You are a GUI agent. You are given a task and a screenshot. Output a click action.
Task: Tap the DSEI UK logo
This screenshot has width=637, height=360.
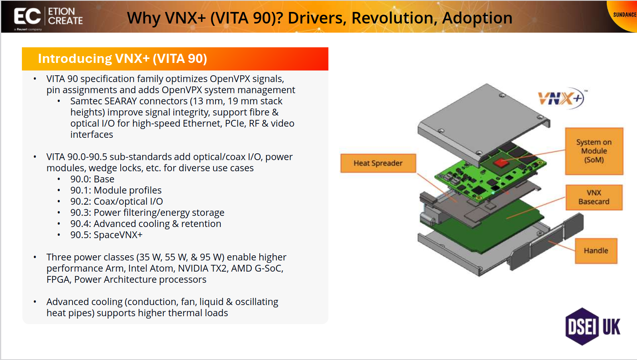[593, 327]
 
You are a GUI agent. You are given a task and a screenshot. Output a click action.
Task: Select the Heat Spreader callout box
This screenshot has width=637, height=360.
[378, 163]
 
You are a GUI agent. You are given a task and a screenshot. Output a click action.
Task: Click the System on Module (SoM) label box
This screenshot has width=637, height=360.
[594, 151]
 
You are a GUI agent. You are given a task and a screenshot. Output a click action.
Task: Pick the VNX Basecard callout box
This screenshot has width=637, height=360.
[594, 198]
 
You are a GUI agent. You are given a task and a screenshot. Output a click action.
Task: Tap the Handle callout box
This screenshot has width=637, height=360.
[596, 251]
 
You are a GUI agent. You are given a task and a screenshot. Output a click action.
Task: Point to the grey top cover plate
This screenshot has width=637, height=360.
[484, 122]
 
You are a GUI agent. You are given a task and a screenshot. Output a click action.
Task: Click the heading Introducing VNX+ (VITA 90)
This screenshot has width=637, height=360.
[123, 59]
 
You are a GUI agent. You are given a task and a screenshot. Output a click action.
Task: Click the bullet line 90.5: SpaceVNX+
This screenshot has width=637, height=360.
[106, 235]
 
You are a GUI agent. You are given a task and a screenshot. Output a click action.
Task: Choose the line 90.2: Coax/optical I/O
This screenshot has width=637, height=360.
[117, 202]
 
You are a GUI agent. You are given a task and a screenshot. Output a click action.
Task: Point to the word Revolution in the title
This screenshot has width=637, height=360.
[394, 18]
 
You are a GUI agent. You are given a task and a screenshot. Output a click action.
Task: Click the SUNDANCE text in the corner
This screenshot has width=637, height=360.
[625, 15]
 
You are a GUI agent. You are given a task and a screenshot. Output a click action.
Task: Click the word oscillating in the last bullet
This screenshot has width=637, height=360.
[257, 302]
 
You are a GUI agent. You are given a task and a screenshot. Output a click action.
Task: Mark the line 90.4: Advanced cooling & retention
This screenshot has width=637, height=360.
[145, 224]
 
